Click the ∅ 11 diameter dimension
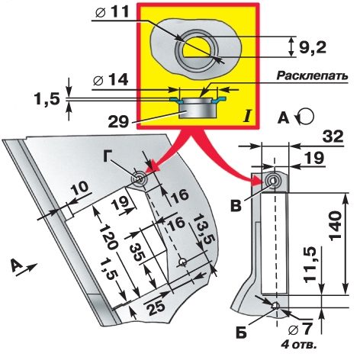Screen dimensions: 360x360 pyautogui.click(x=112, y=11)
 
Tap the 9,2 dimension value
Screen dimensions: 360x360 pyautogui.click(x=312, y=47)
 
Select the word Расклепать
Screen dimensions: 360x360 pyautogui.click(x=312, y=76)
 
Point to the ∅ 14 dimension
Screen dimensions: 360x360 pyautogui.click(x=111, y=79)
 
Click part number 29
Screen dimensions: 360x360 pyautogui.click(x=118, y=122)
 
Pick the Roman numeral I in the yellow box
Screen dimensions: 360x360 pyautogui.click(x=246, y=117)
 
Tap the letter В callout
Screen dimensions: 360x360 pyautogui.click(x=236, y=206)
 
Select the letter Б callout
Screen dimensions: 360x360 pyautogui.click(x=241, y=333)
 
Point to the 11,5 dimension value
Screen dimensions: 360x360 pyautogui.click(x=311, y=265)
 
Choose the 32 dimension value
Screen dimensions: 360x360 pyautogui.click(x=333, y=137)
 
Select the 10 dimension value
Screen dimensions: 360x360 pyautogui.click(x=79, y=188)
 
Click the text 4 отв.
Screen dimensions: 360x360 pyautogui.click(x=299, y=345)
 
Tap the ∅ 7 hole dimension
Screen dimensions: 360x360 pyautogui.click(x=300, y=329)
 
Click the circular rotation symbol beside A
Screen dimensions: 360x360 pyautogui.click(x=304, y=117)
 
